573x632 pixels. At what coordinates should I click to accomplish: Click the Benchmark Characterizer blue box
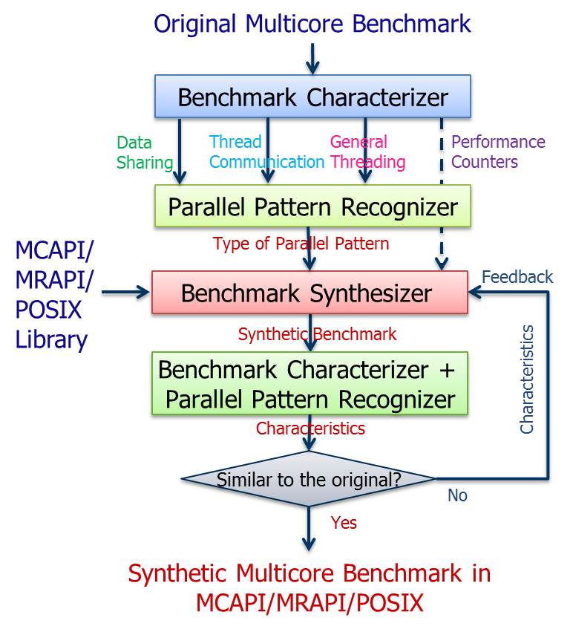click(312, 97)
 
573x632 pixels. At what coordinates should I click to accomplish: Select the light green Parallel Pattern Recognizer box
click(312, 206)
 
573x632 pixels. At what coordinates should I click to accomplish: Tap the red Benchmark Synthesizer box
click(310, 292)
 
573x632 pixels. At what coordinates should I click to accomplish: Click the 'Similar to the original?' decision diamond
click(309, 479)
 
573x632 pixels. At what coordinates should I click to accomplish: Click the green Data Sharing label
click(145, 153)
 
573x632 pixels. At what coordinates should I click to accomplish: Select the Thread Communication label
click(266, 152)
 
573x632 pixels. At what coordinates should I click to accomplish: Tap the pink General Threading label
click(367, 152)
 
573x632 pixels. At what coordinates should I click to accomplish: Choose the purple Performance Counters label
click(498, 152)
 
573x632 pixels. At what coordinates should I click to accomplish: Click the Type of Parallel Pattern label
click(301, 244)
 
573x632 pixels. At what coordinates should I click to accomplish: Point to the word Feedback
click(517, 277)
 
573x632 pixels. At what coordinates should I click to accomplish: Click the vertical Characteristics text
click(527, 379)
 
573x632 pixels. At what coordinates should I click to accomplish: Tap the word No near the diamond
click(457, 495)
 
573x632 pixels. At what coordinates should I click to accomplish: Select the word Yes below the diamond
click(344, 523)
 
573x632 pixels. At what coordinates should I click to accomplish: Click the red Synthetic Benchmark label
click(317, 334)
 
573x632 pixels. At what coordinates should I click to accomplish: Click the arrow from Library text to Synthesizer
click(125, 292)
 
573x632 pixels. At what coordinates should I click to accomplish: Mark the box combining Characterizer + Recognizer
click(310, 383)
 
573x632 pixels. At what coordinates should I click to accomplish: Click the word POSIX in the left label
click(48, 310)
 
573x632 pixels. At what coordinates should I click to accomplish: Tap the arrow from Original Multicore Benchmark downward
click(312, 59)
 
